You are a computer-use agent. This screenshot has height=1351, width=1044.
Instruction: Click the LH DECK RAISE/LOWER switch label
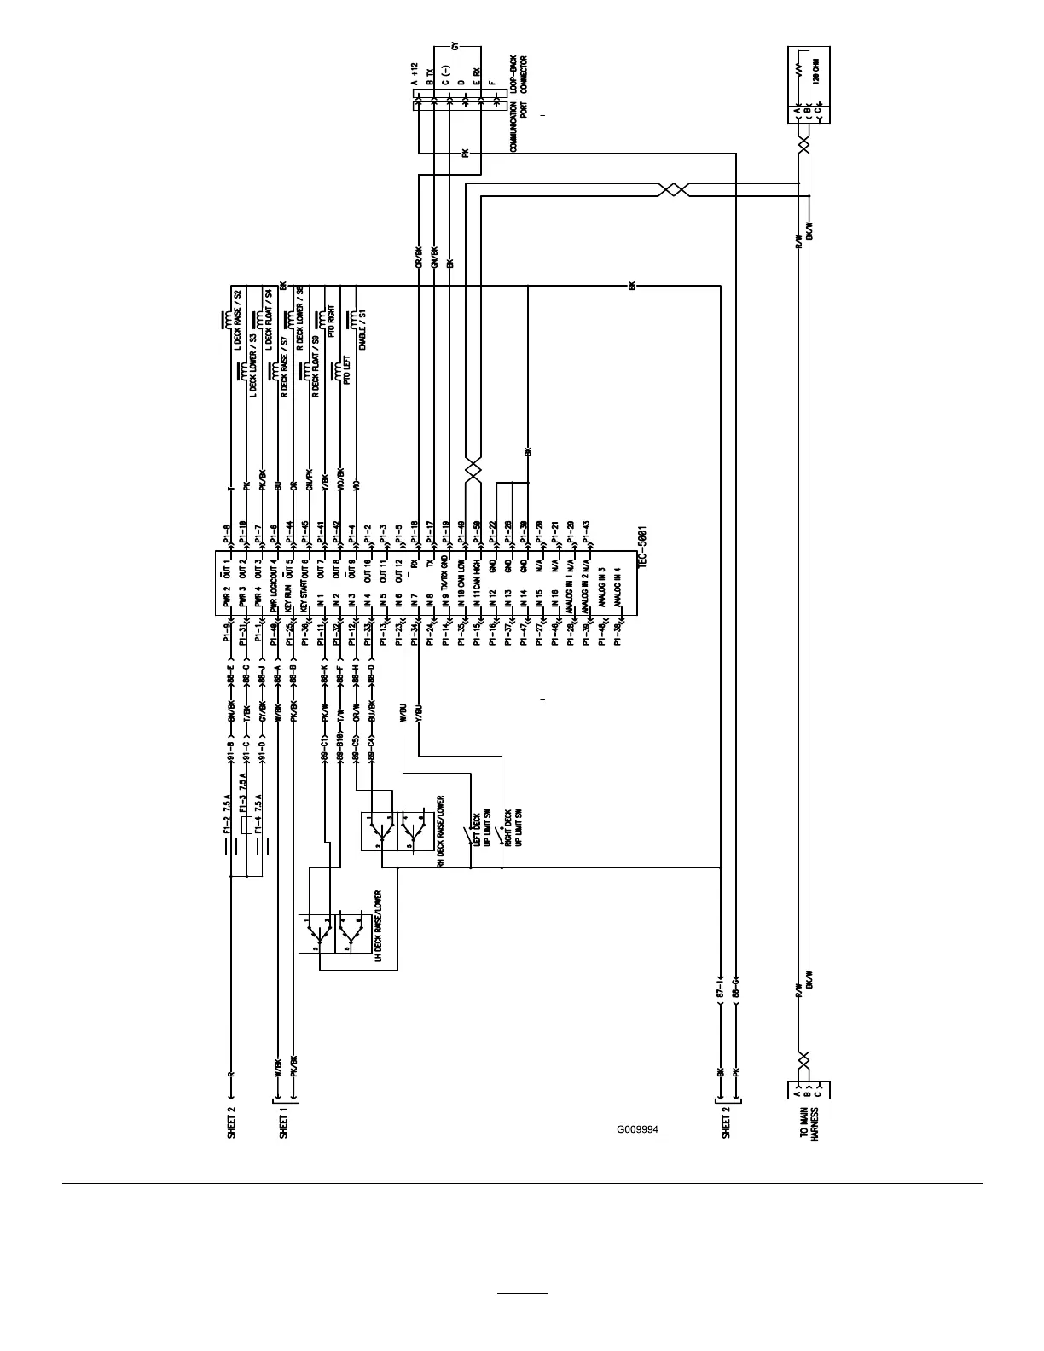point(378,926)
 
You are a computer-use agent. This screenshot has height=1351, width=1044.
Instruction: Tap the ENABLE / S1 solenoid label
point(363,331)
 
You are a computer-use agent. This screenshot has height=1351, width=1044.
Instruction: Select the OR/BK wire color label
point(418,258)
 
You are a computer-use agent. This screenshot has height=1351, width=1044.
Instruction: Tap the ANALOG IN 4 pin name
point(618,587)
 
